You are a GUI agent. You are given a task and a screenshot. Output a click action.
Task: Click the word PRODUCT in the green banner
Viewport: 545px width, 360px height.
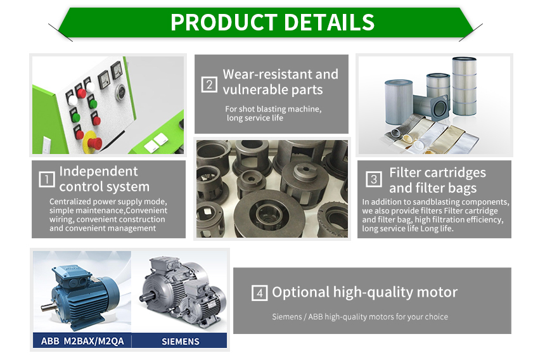224,23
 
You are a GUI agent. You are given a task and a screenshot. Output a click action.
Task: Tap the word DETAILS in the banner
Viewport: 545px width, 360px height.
329,23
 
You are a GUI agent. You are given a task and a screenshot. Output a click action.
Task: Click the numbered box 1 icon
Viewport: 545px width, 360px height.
46,179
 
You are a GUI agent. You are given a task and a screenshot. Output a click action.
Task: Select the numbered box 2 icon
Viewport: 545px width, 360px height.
209,84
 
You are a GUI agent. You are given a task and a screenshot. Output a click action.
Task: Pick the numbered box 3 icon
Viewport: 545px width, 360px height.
374,179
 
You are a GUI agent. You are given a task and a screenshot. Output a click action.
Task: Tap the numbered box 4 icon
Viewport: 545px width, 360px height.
259,293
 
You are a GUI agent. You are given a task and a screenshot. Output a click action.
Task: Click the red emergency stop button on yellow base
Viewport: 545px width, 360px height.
93,142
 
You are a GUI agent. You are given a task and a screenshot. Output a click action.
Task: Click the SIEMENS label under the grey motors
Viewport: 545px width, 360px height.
181,342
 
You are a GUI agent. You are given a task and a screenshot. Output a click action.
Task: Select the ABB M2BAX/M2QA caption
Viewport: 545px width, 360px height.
82,341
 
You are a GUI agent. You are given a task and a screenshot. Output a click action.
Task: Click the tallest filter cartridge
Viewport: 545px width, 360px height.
465,86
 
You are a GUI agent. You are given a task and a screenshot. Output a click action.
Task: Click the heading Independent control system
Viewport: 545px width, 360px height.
105,179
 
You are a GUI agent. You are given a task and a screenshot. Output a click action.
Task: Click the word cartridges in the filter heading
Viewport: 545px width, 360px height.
456,172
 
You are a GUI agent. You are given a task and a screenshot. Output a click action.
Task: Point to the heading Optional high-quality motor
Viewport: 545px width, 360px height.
365,292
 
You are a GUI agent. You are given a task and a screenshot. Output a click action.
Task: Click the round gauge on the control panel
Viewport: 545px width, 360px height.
120,92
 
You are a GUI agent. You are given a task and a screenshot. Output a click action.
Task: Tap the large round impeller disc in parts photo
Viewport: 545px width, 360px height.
269,214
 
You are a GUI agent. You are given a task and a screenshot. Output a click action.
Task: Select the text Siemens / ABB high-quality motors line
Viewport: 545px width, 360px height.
360,316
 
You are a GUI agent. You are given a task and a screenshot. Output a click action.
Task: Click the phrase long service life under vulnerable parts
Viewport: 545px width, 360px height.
255,118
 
